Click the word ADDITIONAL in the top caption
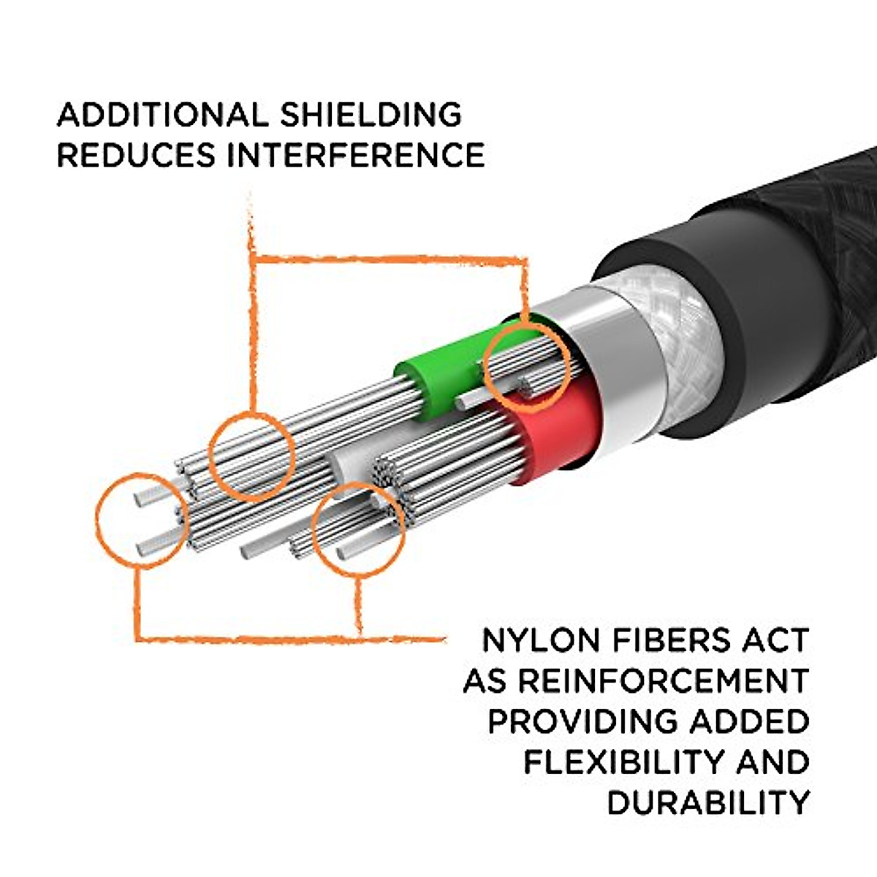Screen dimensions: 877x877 [x=162, y=115]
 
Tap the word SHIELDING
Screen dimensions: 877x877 [x=371, y=115]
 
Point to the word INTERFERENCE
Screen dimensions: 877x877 [x=355, y=155]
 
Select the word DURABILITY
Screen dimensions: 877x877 [x=707, y=802]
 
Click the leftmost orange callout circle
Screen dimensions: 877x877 [x=140, y=520]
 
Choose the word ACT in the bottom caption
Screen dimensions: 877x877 [x=779, y=640]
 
